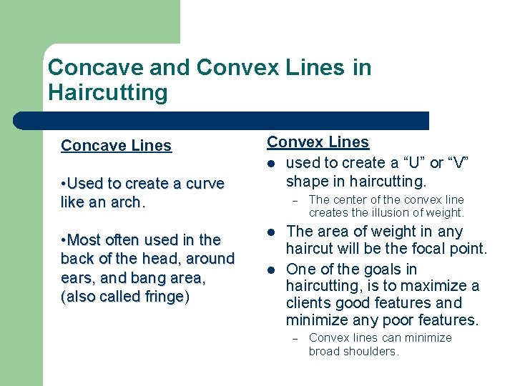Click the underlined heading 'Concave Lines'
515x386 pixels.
116,146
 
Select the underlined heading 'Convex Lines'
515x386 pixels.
318,142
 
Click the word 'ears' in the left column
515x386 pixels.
77,278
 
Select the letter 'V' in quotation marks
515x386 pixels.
458,162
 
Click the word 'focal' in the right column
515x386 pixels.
424,249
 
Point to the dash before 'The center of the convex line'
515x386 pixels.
294,200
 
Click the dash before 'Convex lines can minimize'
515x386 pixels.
294,338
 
